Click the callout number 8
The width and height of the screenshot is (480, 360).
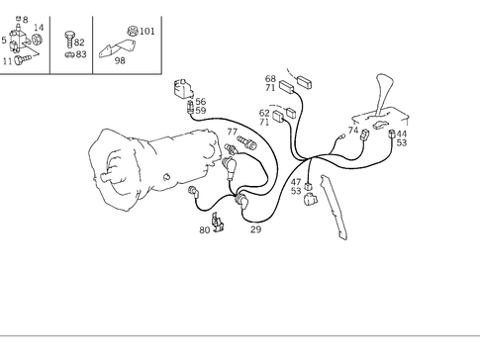pos(25,19)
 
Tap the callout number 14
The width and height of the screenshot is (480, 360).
pos(39,28)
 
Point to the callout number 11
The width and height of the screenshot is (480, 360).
pos(8,60)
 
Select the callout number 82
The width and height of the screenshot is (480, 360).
pos(79,44)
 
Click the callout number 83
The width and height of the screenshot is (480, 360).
pos(81,54)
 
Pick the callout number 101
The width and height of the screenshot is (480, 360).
pos(146,32)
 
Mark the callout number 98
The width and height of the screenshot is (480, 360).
pos(120,60)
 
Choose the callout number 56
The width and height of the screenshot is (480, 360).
pos(200,102)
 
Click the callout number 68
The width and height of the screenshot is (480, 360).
pos(270,79)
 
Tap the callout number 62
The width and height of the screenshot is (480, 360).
pos(264,113)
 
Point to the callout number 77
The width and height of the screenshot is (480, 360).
pos(232,132)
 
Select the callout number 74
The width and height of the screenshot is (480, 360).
pos(353,131)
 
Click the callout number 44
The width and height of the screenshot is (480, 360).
pos(402,134)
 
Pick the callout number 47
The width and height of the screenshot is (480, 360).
pos(296,182)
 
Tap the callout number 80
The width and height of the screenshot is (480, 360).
pos(204,230)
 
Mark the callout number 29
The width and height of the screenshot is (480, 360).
pos(255,229)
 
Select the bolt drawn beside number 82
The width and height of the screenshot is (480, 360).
pos(68,40)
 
